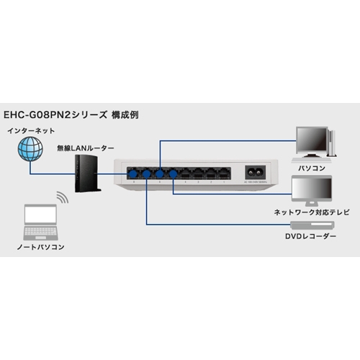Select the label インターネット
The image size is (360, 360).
pos(31,130)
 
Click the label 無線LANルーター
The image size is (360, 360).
pos(85,148)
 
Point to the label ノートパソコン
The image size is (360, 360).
pos(40,247)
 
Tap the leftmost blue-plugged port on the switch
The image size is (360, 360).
pos(132,174)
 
